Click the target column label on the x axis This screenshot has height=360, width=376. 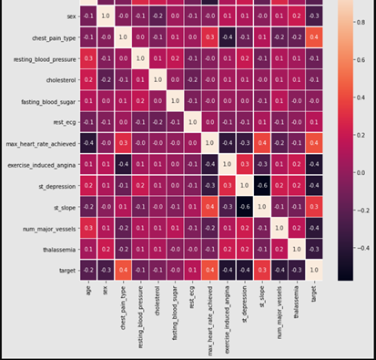314,293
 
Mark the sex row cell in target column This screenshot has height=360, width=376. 314,15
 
